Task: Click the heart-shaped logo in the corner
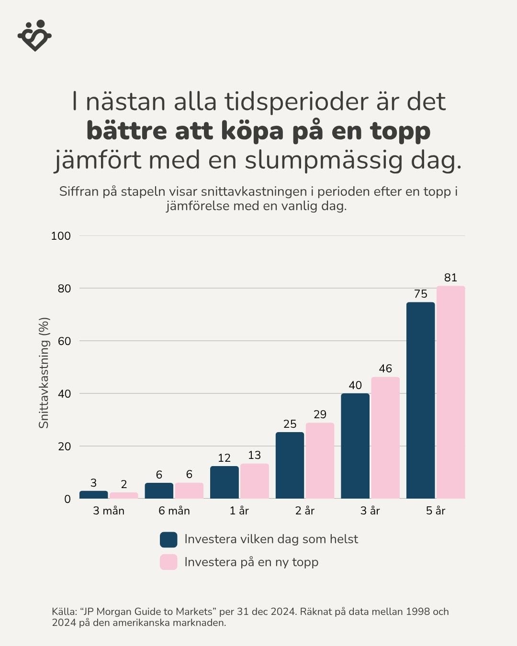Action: pyautogui.click(x=34, y=35)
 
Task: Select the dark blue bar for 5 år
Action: pyautogui.click(x=420, y=400)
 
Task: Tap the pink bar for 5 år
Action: pyautogui.click(x=450, y=392)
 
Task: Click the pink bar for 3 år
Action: pyautogui.click(x=385, y=437)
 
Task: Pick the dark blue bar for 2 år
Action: pyautogui.click(x=290, y=465)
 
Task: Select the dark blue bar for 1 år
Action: pyautogui.click(x=224, y=482)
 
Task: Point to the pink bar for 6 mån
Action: pyautogui.click(x=189, y=490)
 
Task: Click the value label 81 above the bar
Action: pyautogui.click(x=450, y=278)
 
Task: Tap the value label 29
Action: pyautogui.click(x=320, y=414)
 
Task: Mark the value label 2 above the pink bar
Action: pyautogui.click(x=124, y=484)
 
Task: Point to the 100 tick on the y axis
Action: pyautogui.click(x=61, y=236)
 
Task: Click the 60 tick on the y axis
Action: pyautogui.click(x=64, y=341)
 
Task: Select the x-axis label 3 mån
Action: pyautogui.click(x=109, y=511)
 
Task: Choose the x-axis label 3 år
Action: pyautogui.click(x=370, y=511)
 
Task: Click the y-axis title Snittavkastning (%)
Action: pyautogui.click(x=44, y=373)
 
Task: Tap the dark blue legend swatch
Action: pyautogui.click(x=169, y=539)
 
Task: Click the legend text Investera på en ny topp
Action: pyautogui.click(x=251, y=562)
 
